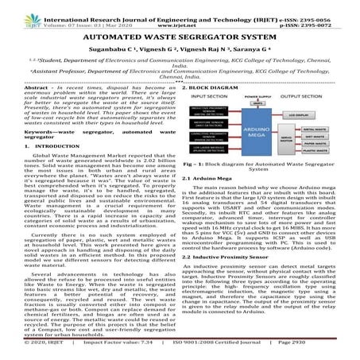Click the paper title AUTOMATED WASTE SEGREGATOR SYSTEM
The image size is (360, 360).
[180, 37]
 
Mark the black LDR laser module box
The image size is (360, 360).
[211, 170]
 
